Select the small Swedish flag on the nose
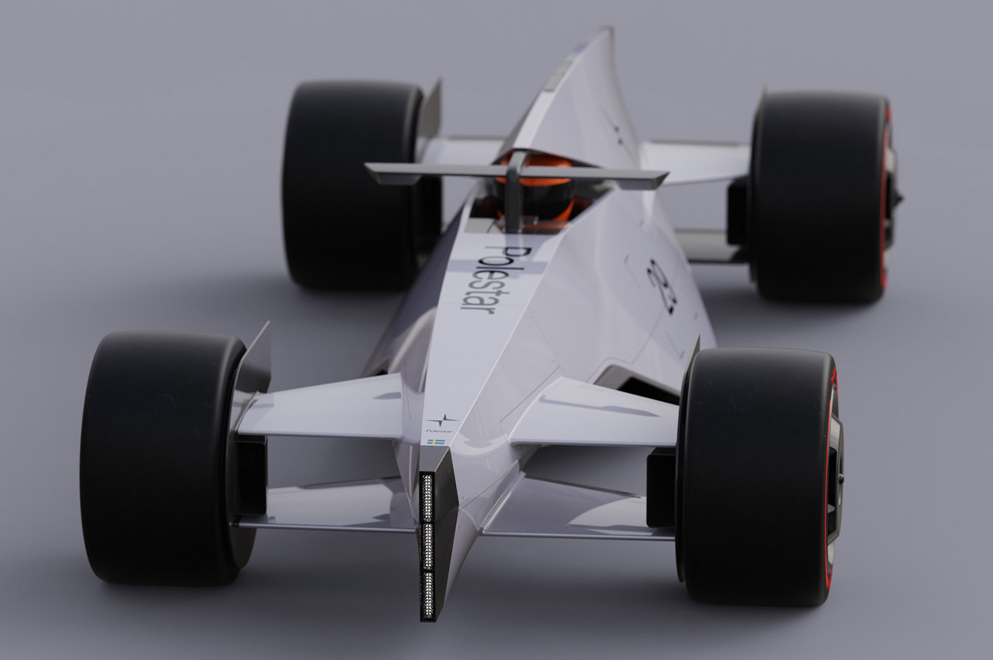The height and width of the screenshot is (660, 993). pos(437,441)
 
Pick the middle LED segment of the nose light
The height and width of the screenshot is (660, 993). pos(427,546)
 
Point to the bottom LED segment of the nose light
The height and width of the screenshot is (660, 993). pos(427,594)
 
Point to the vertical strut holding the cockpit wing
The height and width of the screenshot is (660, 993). pos(514,198)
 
